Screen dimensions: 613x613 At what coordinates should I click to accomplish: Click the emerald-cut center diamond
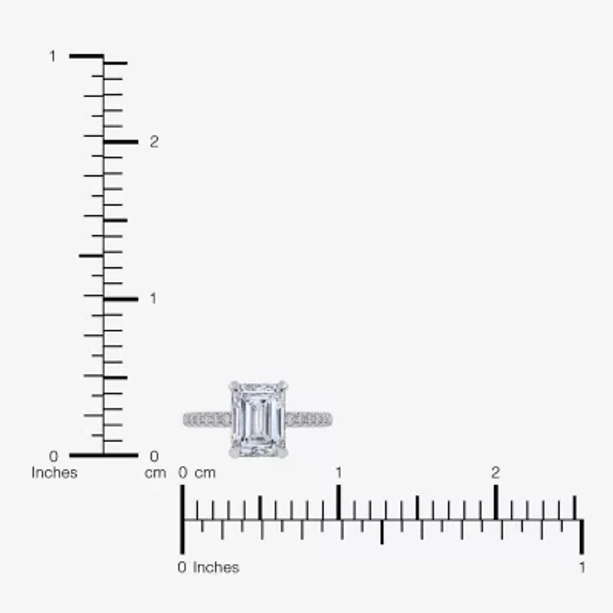pyautogui.click(x=258, y=419)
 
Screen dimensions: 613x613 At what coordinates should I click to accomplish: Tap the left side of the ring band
pyautogui.click(x=207, y=419)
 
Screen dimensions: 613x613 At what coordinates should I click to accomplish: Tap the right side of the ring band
pyautogui.click(x=309, y=419)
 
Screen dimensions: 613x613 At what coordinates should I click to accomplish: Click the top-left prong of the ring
pyautogui.click(x=234, y=387)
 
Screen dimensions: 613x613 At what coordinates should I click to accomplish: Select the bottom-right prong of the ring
pyautogui.click(x=283, y=452)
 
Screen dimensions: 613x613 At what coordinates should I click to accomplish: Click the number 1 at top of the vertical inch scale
pyautogui.click(x=53, y=56)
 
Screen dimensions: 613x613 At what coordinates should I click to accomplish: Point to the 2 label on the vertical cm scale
pyautogui.click(x=154, y=142)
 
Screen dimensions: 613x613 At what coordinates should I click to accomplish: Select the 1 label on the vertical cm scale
pyautogui.click(x=153, y=299)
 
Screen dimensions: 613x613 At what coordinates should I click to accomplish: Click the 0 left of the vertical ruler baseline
pyautogui.click(x=54, y=456)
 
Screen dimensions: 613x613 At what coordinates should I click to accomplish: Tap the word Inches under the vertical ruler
pyautogui.click(x=54, y=473)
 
